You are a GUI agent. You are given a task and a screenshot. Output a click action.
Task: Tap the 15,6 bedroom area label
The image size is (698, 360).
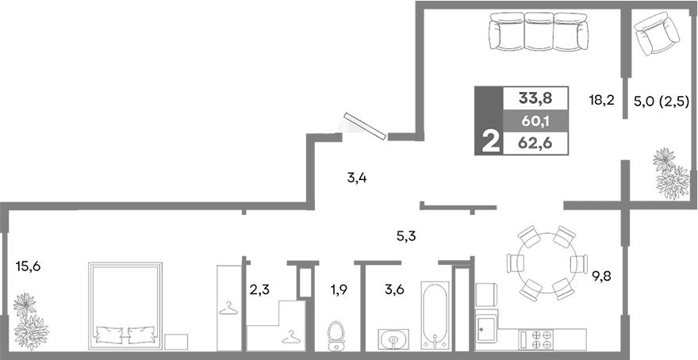point(28,266)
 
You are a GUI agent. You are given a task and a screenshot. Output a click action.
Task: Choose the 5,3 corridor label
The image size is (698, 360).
point(406,235)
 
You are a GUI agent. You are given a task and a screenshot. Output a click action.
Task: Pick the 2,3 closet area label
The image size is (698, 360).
point(259,289)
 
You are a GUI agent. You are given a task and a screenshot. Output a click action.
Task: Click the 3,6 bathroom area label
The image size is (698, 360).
point(394,289)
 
